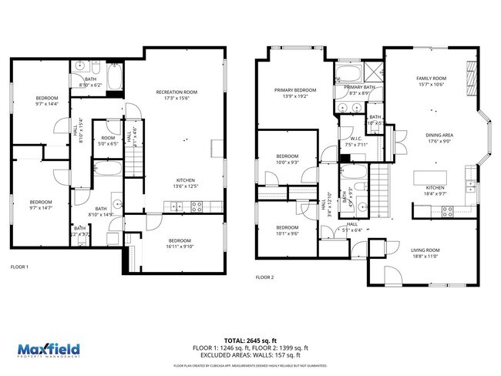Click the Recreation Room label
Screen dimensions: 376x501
click(x=177, y=92)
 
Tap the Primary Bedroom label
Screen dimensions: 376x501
click(x=295, y=90)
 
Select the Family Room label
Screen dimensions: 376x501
click(x=431, y=79)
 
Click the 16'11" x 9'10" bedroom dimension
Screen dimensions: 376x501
click(x=180, y=247)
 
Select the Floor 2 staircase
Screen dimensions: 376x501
click(x=378, y=190)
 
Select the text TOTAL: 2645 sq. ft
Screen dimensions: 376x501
click(x=250, y=340)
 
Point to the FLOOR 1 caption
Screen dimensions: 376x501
click(x=19, y=267)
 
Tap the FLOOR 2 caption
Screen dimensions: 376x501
click(x=265, y=277)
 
